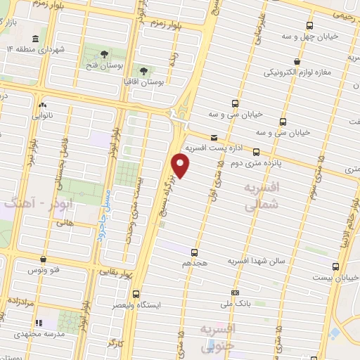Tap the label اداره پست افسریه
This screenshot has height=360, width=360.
[214, 148]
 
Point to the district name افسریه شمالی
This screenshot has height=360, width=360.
[251, 198]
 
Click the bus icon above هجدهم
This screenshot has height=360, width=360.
[194, 252]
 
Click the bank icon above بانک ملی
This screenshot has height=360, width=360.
[235, 292]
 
